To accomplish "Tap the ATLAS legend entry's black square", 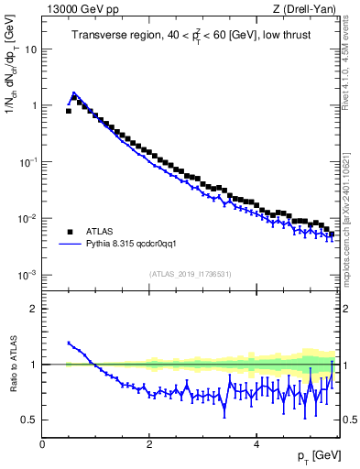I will pyautogui.click(x=70, y=231).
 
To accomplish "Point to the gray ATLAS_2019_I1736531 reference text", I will pyautogui.click(x=191, y=274).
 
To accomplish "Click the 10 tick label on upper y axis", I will pyautogui.click(x=29, y=49).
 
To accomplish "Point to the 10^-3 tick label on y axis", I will pyautogui.click(x=27, y=275).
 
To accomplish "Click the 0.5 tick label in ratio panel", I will pyautogui.click(x=29, y=420).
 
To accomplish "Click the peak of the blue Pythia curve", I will pyautogui.click(x=74, y=93).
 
